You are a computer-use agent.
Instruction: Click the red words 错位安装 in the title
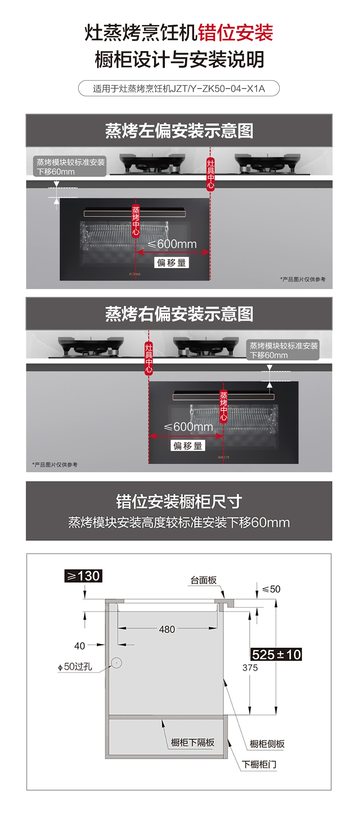tap(236, 33)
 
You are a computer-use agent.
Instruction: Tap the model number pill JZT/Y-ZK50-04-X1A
tap(179, 88)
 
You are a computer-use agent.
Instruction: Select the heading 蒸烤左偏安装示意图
tap(179, 131)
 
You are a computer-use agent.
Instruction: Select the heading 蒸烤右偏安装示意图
tap(179, 314)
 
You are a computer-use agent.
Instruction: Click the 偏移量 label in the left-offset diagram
tap(171, 262)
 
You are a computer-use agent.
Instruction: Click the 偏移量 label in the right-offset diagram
tap(188, 446)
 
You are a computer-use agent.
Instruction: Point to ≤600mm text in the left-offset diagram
tap(172, 244)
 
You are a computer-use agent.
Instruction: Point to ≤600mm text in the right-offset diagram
tap(188, 427)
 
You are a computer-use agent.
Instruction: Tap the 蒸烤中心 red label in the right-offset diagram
tap(223, 406)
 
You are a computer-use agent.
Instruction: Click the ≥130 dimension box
tap(83, 576)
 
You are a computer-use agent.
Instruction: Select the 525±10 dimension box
tap(276, 655)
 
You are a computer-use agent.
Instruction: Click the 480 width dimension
tap(167, 629)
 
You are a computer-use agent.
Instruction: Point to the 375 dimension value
tap(250, 668)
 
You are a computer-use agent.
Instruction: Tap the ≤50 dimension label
tap(271, 589)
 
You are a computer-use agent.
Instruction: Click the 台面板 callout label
tap(203, 580)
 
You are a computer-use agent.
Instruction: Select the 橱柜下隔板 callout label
tap(193, 743)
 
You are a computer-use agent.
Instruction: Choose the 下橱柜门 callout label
tap(259, 764)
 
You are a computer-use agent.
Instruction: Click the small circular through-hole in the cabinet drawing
tap(117, 663)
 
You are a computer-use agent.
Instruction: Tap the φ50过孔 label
tap(75, 667)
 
